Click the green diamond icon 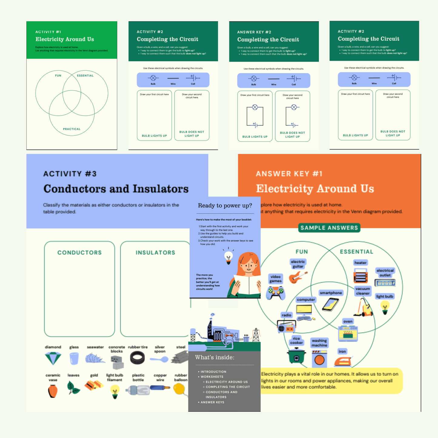(53, 359)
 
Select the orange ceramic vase (53, 391)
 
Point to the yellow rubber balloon (179, 389)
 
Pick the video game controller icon (276, 293)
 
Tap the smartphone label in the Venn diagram (331, 293)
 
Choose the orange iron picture (343, 361)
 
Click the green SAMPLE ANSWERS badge (329, 228)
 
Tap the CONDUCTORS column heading (79, 252)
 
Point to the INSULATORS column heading (155, 252)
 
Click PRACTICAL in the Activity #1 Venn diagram (72, 129)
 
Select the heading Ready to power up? (225, 206)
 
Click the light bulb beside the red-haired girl (228, 257)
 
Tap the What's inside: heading (215, 357)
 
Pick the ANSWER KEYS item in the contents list (212, 402)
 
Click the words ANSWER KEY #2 (254, 32)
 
